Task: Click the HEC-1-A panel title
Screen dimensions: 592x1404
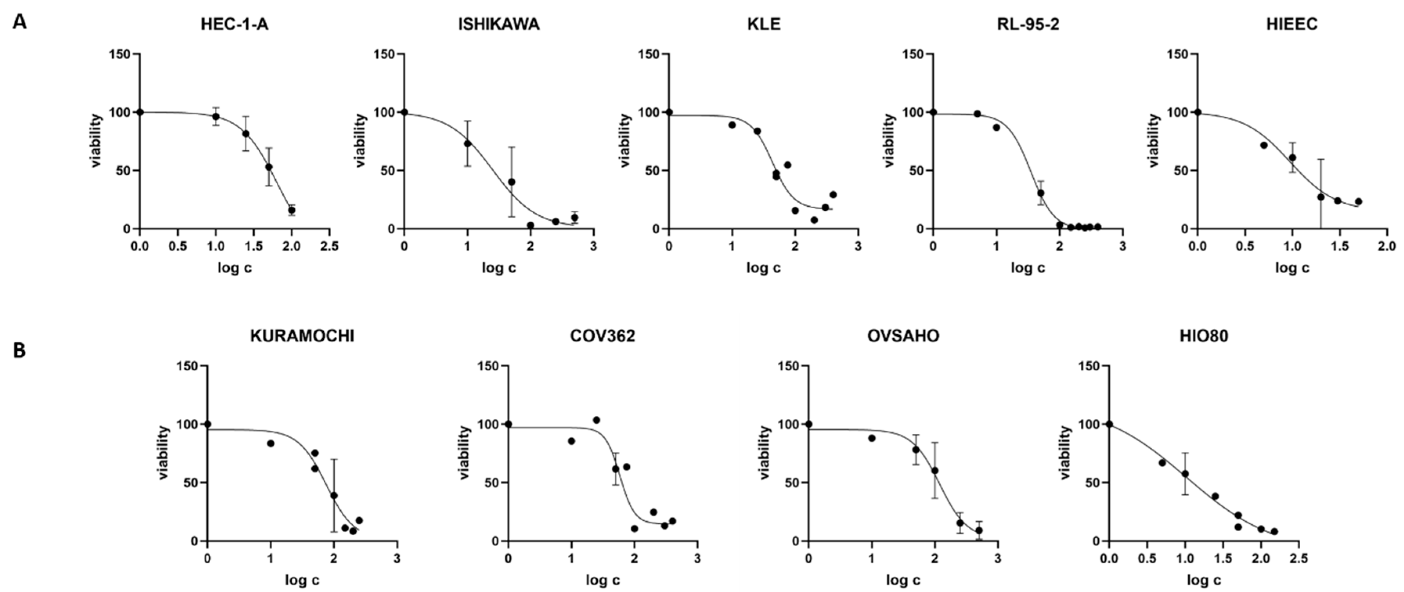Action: pos(234,25)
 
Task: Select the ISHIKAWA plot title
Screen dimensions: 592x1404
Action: pos(499,25)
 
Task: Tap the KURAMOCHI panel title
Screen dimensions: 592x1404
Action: pos(302,336)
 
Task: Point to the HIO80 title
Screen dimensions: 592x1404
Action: pos(1204,336)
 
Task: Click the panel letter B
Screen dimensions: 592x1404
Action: pos(19,350)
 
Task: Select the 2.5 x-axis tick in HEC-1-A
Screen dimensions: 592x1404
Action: pos(329,246)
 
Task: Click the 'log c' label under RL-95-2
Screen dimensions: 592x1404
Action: pos(1028,268)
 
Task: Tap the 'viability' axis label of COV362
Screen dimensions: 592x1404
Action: pos(464,453)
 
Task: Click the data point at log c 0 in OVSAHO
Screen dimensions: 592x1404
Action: pos(808,424)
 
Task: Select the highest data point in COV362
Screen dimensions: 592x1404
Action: pos(596,420)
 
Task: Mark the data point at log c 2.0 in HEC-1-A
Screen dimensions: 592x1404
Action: pos(292,210)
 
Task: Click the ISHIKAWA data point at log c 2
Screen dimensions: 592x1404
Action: pos(530,225)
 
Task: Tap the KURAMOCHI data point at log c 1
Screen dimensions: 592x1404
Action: pos(271,444)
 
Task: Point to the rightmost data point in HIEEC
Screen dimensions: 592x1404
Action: pos(1358,202)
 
